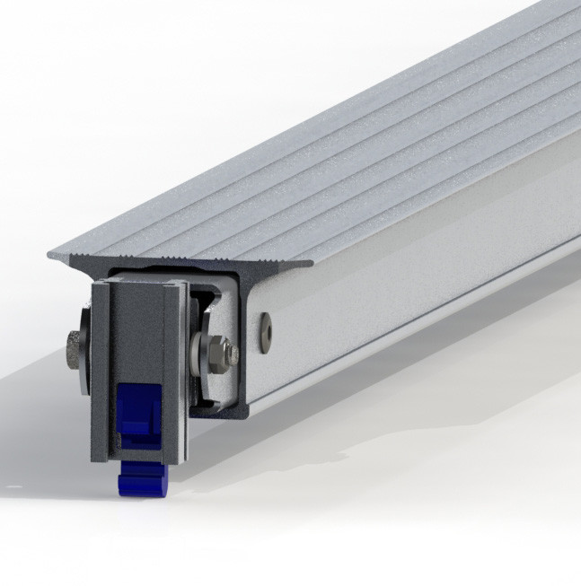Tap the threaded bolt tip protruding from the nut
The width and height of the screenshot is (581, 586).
point(233,354)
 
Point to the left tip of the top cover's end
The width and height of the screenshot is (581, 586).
point(50,258)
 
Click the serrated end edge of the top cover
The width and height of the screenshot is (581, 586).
point(180,263)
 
